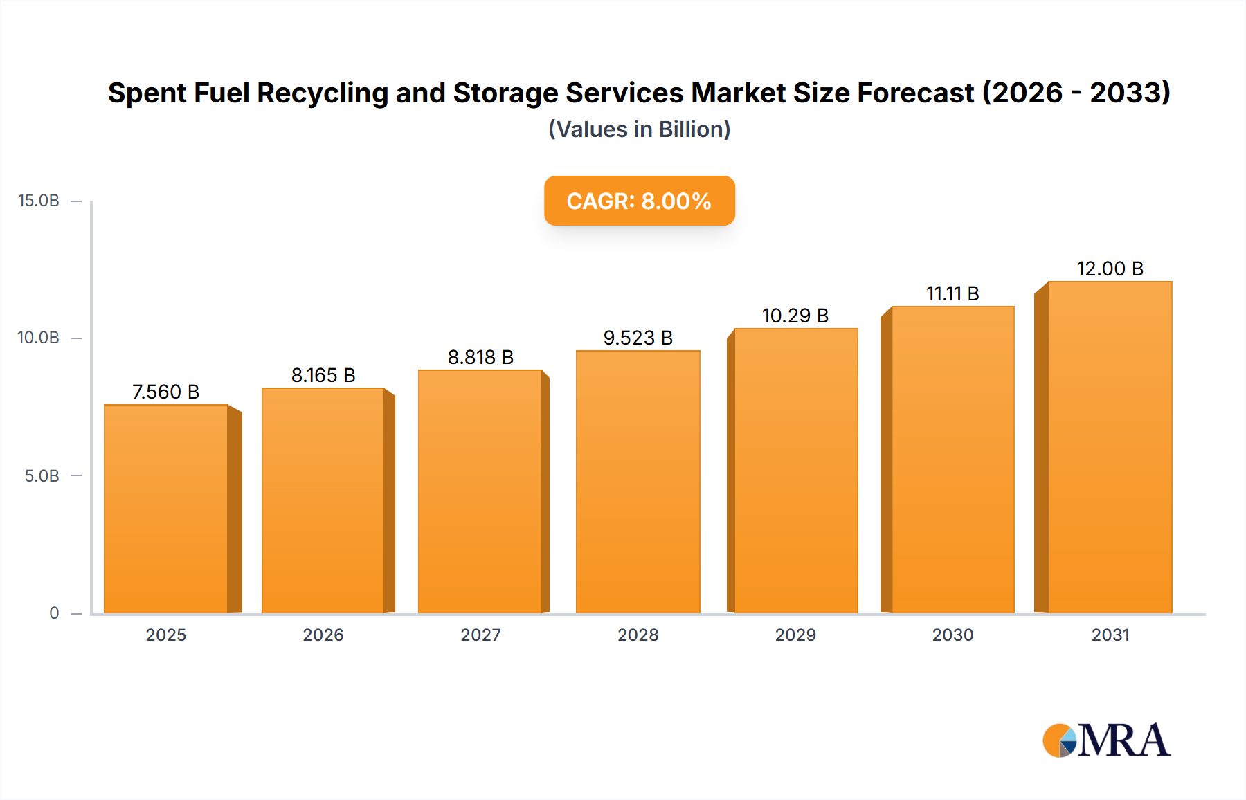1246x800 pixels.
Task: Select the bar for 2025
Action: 166,509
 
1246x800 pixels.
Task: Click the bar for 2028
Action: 638,482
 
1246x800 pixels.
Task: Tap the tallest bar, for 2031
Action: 1110,447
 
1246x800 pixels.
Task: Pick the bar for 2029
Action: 795,471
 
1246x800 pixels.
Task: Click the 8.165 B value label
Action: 323,375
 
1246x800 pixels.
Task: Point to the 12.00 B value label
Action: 1110,269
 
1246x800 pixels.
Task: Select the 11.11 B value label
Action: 952,293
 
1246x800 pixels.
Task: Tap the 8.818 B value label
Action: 480,357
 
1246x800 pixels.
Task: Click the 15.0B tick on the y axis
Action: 39,201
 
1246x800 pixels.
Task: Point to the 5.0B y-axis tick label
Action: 42,476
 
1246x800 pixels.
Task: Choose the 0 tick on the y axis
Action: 54,613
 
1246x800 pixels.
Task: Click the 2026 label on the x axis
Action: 323,635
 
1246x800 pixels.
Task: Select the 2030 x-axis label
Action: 952,635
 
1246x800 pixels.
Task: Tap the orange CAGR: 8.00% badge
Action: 639,201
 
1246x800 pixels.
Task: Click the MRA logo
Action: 1106,740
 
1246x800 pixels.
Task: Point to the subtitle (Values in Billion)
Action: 639,129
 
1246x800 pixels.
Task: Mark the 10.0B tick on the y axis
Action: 39,338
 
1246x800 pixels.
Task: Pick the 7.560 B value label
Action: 166,392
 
